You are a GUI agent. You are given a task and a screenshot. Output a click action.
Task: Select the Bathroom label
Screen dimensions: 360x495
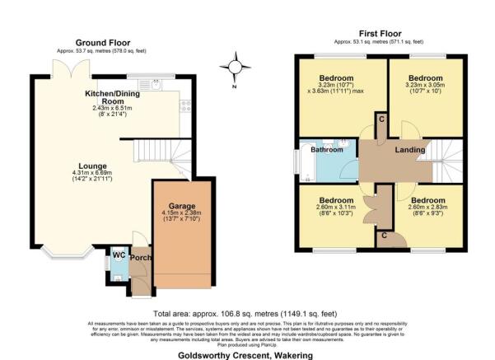326,150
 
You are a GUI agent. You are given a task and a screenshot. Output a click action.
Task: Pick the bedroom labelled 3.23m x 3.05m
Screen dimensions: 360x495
423,85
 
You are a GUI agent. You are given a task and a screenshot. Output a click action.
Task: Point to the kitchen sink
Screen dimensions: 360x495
152,83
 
